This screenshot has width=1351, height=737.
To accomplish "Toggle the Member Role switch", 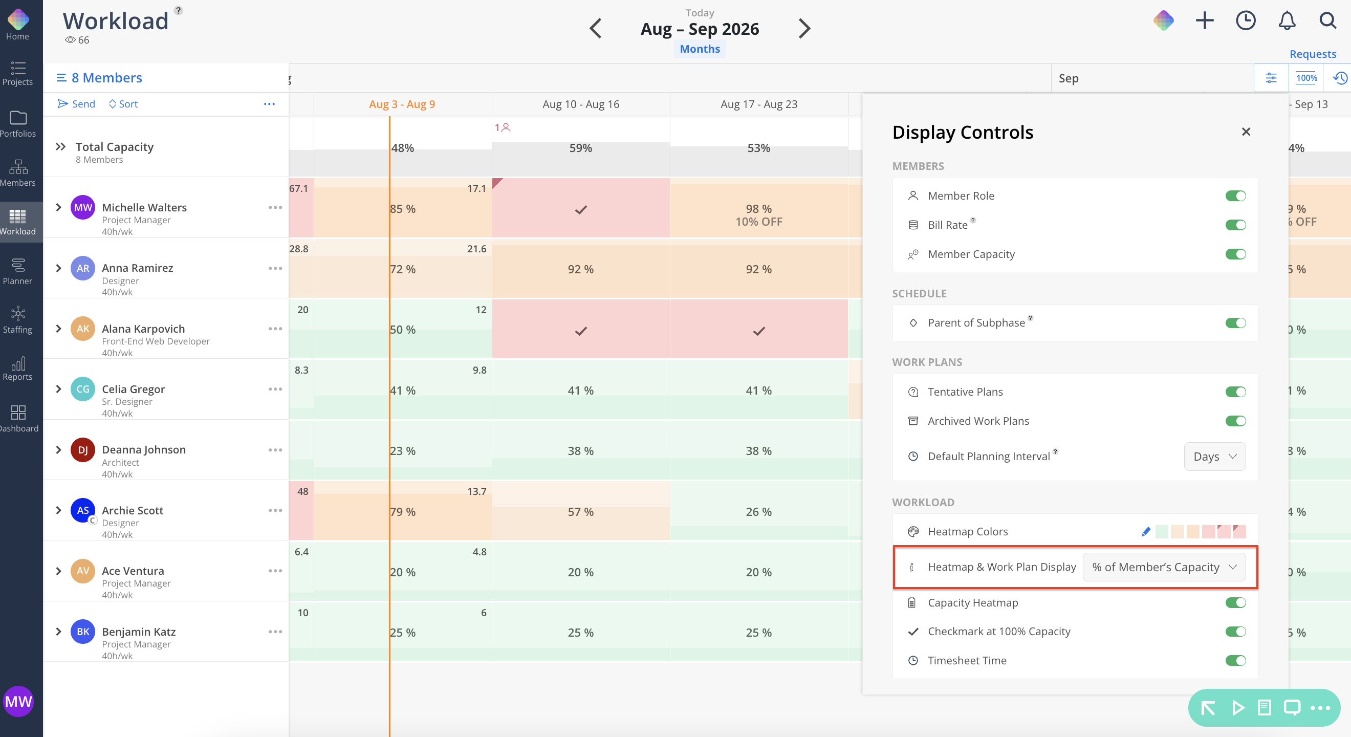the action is (x=1235, y=196).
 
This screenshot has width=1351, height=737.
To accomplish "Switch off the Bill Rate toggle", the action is (x=1235, y=225).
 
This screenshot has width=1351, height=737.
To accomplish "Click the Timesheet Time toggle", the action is (x=1235, y=660).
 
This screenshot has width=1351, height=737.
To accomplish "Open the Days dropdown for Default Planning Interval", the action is (x=1215, y=457).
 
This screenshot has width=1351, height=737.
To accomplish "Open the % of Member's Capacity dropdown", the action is (x=1164, y=567).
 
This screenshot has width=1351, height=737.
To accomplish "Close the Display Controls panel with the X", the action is (x=1246, y=132).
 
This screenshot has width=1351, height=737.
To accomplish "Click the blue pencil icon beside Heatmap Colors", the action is (x=1146, y=532).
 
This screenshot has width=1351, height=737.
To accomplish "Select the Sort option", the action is (x=123, y=104).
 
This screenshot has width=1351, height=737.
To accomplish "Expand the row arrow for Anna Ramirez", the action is (x=59, y=268).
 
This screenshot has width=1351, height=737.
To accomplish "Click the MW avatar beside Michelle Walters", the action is (x=83, y=207).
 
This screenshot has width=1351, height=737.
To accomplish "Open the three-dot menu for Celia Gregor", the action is (x=275, y=389).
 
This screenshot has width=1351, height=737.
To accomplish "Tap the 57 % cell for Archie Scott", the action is (x=581, y=511).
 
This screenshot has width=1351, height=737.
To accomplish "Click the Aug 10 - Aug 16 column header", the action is (x=581, y=104).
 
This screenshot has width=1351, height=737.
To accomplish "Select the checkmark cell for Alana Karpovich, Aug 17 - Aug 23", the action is (x=759, y=331).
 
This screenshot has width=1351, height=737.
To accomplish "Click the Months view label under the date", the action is (x=700, y=49).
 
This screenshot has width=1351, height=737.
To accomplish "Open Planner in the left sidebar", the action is (x=18, y=271).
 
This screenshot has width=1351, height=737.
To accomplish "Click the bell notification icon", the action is (x=1287, y=21).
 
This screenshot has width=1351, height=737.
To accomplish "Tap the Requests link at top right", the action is (x=1313, y=54).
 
